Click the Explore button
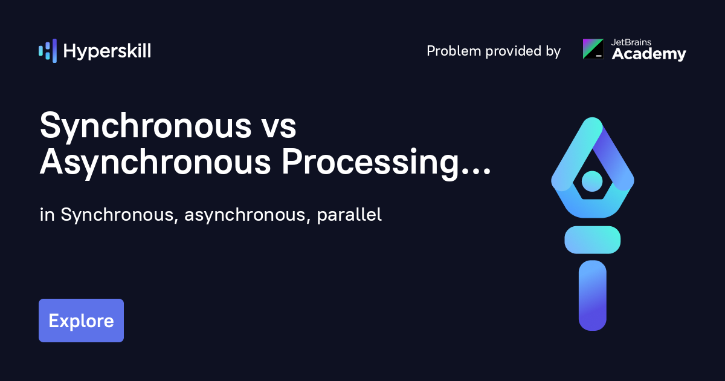click(x=81, y=321)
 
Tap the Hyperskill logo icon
click(x=48, y=51)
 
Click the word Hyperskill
click(x=107, y=51)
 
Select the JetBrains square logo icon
click(x=593, y=49)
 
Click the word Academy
click(x=649, y=54)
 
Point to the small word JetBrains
click(x=631, y=42)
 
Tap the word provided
click(x=514, y=51)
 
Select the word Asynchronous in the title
click(x=155, y=162)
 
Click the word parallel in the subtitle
click(x=349, y=215)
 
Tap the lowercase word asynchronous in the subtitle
click(x=245, y=215)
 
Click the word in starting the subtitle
click(x=47, y=215)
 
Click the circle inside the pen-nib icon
click(x=592, y=181)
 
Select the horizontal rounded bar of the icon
click(x=593, y=239)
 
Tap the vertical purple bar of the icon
click(x=593, y=296)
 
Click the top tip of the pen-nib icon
click(x=593, y=118)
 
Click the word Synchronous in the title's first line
click(x=146, y=126)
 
